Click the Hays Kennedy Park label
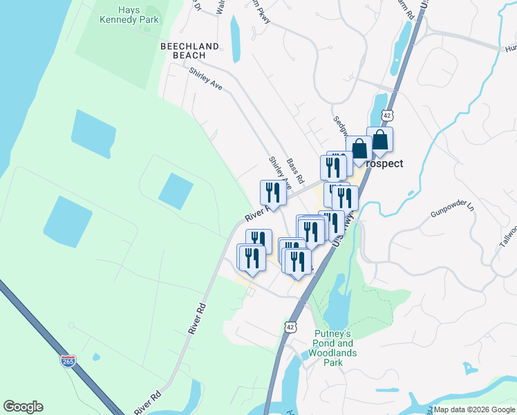point(129,15)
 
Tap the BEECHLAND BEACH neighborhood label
point(189,50)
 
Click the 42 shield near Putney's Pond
point(291,326)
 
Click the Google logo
point(23,407)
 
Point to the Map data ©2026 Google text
point(473,409)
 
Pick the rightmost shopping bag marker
point(380,140)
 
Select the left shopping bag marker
point(359,149)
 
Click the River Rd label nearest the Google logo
point(147,400)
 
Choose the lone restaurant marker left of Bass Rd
point(272,193)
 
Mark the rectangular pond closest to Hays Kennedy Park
point(93,133)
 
